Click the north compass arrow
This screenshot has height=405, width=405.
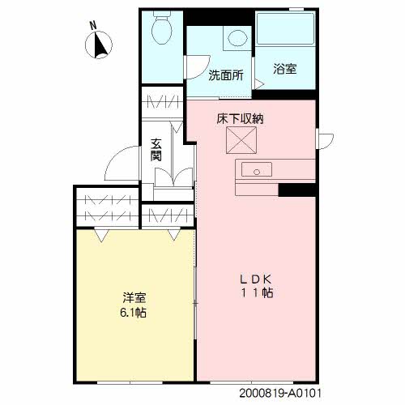tap(101, 48)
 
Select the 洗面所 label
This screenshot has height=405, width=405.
tap(226, 77)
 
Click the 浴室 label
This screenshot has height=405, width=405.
tap(283, 70)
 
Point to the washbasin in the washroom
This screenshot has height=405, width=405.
tap(237, 38)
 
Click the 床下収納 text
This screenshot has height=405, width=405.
tap(240, 118)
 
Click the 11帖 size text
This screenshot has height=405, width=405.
tap(255, 292)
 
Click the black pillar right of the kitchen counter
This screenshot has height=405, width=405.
tap(301, 190)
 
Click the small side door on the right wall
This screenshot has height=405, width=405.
tap(322, 140)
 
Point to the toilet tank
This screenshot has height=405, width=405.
tap(161, 18)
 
